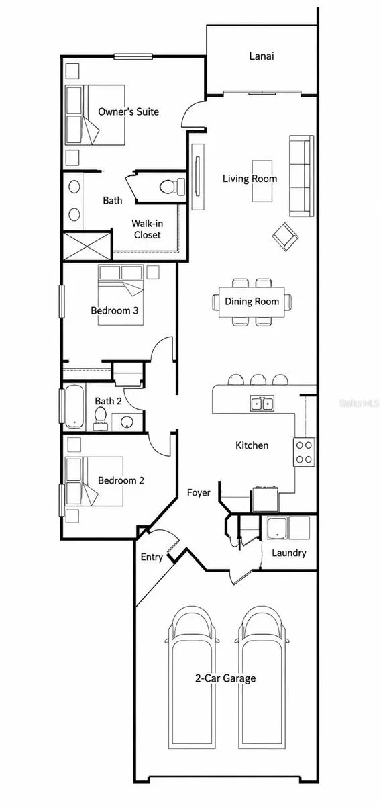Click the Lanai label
pyautogui.click(x=262, y=56)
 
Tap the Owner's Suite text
pyautogui.click(x=128, y=111)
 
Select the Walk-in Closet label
pyautogui.click(x=147, y=229)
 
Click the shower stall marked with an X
pyautogui.click(x=87, y=246)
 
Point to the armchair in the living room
pyautogui.click(x=285, y=236)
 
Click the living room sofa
pyautogui.click(x=302, y=176)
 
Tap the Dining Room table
pyautogui.click(x=252, y=302)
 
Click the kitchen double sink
pyautogui.click(x=262, y=403)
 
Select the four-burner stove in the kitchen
pyautogui.click(x=304, y=452)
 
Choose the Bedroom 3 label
pyautogui.click(x=114, y=310)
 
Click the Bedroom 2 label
pyautogui.click(x=121, y=480)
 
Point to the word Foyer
pyautogui.click(x=199, y=493)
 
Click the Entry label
pyautogui.click(x=152, y=557)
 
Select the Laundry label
pyautogui.click(x=289, y=553)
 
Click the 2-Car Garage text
pyautogui.click(x=225, y=678)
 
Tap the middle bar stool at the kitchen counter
pyautogui.click(x=258, y=380)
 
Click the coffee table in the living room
pyautogui.click(x=262, y=181)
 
